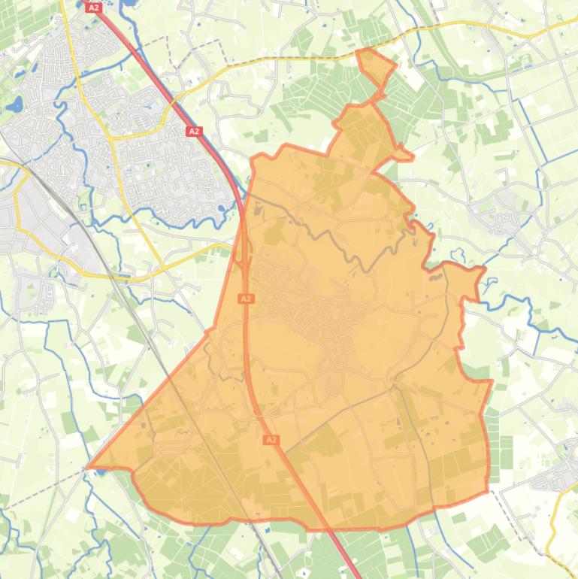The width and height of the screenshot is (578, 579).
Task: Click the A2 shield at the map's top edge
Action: (93, 8)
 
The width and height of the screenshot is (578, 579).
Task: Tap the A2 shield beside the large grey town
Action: (194, 132)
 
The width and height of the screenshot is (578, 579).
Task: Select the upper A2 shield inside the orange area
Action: (245, 299)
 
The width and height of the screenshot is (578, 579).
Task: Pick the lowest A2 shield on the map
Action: (271, 440)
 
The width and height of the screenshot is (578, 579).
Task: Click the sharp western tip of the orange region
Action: (89, 466)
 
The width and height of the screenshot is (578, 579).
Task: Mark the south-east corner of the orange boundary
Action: (487, 493)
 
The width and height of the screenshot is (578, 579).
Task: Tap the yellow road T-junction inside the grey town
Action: (110, 137)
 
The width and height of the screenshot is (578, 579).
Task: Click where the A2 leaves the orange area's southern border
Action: (333, 529)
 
